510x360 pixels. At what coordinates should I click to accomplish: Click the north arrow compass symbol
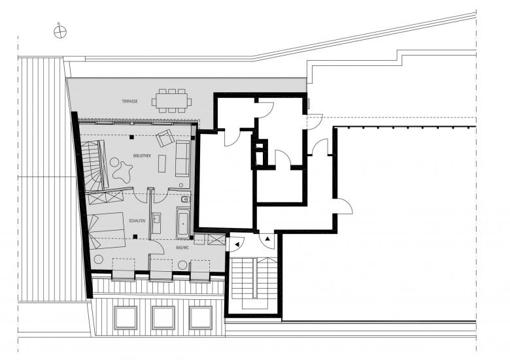point(60,32)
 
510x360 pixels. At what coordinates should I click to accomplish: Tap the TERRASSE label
point(129,101)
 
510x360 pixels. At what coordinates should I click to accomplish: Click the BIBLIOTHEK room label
point(142,155)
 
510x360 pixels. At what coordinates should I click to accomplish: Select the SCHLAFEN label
point(137,221)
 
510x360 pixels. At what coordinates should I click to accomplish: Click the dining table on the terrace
point(171,101)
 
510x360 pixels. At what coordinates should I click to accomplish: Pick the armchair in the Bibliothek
point(165,138)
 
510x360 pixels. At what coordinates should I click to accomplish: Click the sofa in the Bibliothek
point(183,159)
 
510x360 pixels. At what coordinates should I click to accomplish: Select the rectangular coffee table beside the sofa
point(162,163)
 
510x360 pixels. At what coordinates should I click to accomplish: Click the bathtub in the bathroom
point(183,223)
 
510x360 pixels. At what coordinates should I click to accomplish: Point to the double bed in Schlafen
point(106,231)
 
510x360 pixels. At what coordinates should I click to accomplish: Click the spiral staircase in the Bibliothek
point(93,166)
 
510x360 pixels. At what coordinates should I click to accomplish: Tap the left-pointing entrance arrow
point(237,244)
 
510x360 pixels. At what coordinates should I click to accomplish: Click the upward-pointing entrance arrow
point(267,239)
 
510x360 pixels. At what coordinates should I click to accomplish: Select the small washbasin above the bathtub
point(186,199)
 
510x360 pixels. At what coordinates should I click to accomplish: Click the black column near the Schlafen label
point(135,237)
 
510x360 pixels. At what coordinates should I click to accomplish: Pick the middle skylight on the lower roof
point(163,318)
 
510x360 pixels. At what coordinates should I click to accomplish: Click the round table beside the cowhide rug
point(114,161)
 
